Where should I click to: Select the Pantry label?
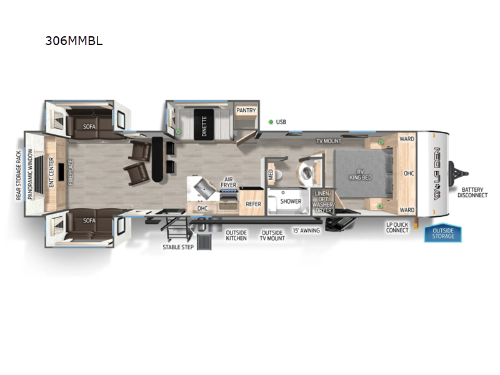[246, 111]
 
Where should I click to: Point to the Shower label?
[291, 202]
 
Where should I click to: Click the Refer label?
[253, 204]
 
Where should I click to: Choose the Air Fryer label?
[229, 182]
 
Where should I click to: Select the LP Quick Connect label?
[397, 227]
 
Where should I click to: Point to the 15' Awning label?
[306, 231]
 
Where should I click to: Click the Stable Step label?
[178, 247]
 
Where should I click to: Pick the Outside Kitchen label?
[236, 236]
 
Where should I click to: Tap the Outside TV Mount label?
[272, 236]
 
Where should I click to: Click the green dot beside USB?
[271, 122]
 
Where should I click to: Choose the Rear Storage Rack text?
[19, 176]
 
